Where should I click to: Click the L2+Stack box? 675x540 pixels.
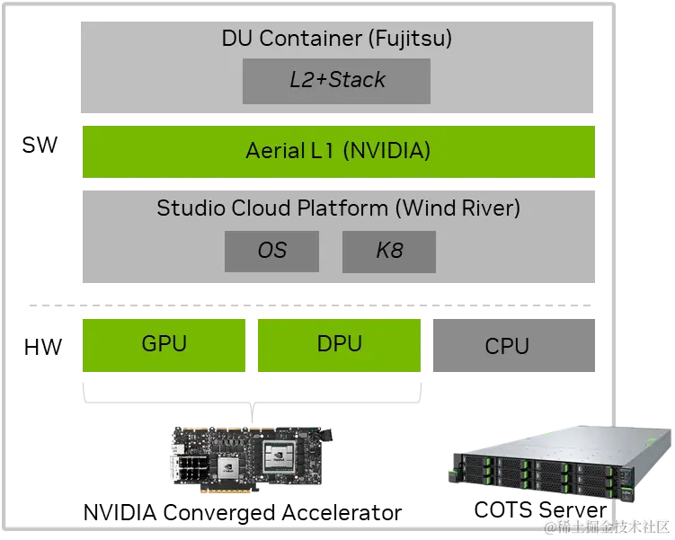336,81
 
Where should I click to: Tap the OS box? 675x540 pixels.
271,252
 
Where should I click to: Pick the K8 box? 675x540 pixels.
388,252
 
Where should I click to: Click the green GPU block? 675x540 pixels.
163,344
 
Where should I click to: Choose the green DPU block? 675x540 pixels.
340,344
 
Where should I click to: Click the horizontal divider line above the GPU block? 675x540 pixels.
312,305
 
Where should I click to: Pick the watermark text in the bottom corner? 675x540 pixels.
607,526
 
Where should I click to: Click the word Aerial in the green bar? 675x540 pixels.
275,151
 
